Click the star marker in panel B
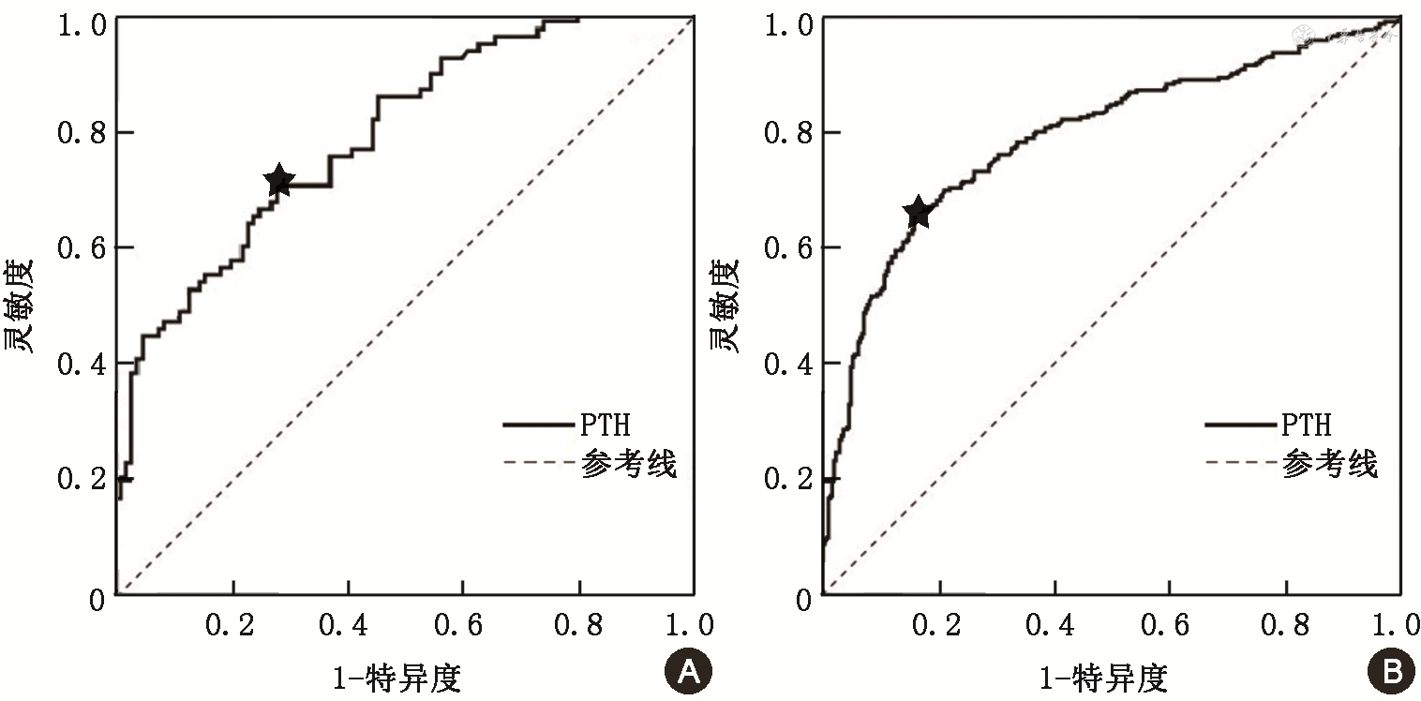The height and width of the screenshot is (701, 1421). point(918,213)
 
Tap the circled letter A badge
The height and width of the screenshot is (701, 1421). point(687,670)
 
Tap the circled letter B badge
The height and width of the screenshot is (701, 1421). point(1390,670)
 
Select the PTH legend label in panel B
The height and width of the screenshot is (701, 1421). point(1307,425)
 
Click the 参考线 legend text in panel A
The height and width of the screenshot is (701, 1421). point(629,463)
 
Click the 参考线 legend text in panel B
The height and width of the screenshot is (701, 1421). point(1331,463)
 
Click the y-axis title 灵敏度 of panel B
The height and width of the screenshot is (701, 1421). point(724,305)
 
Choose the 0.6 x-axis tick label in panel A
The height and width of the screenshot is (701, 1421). point(462,626)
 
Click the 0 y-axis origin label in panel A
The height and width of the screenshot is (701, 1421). point(97,598)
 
